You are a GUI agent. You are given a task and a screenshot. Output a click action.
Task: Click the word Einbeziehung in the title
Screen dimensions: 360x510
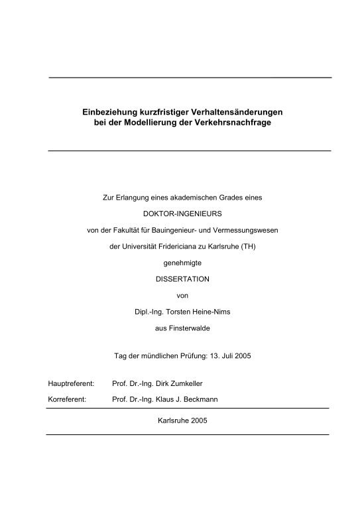pos(107,112)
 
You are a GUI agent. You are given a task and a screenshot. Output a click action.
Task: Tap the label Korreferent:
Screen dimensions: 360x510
pos(67,399)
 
